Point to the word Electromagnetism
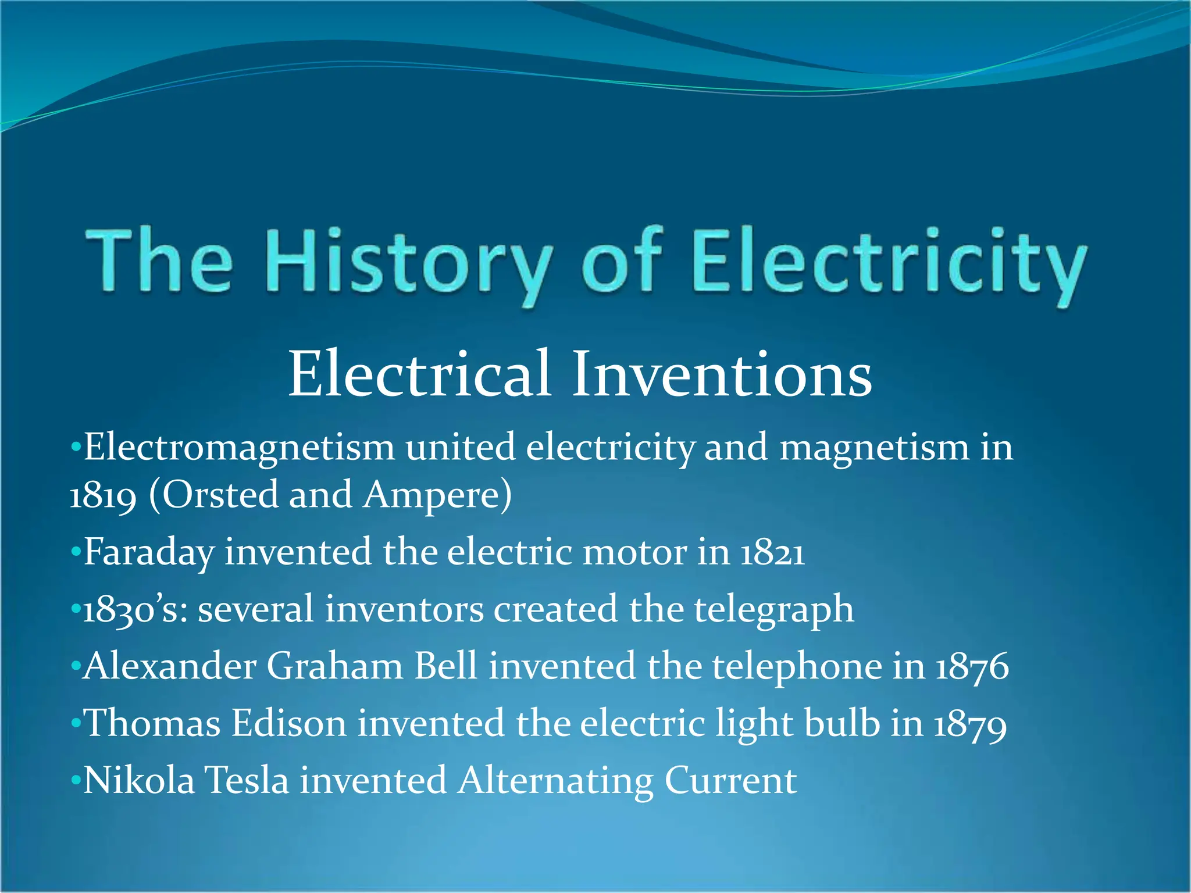239,448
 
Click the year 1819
103,496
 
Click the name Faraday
149,552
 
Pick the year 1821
772,552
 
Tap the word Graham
334,666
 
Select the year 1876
972,666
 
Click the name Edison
289,724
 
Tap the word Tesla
247,780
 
